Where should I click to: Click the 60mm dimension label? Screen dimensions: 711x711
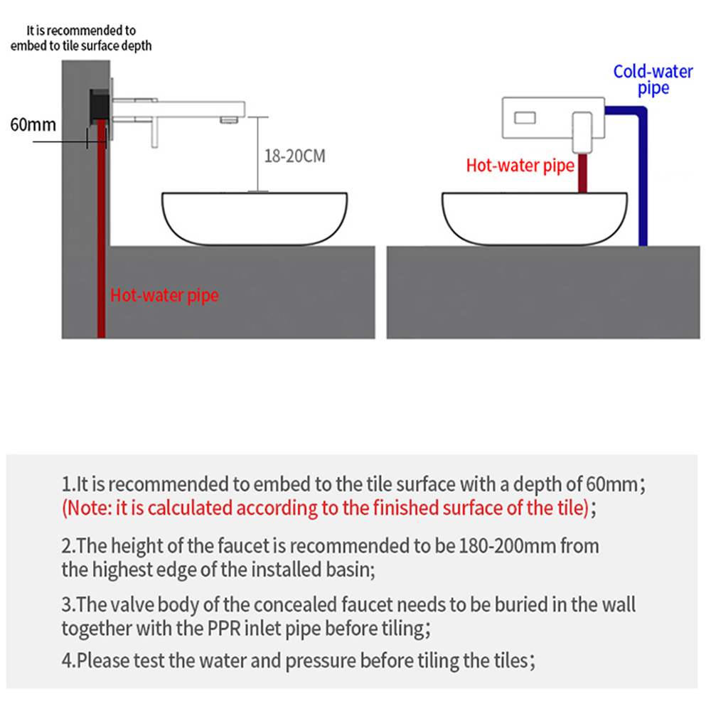tap(33, 124)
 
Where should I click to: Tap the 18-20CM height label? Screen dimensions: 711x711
tap(295, 156)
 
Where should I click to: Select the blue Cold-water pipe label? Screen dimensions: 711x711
tap(653, 80)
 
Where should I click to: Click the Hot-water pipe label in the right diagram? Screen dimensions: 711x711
tap(520, 166)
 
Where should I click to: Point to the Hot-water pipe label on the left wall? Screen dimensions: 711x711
tap(164, 295)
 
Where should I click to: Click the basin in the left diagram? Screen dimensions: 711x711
tap(255, 219)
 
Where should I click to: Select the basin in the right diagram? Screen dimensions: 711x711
tap(535, 219)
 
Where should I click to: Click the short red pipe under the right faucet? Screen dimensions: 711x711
tap(583, 173)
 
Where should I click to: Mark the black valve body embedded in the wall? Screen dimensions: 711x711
tap(100, 107)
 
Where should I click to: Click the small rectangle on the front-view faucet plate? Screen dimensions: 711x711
tap(525, 118)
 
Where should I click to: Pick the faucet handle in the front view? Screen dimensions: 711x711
tap(582, 132)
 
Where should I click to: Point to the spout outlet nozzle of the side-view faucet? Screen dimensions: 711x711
tap(229, 119)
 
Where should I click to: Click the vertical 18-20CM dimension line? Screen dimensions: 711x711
tap(258, 154)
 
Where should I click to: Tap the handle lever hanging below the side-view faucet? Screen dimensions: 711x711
tap(154, 132)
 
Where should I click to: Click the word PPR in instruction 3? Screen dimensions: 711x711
tap(224, 629)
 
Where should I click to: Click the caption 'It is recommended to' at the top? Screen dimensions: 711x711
tap(81, 31)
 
